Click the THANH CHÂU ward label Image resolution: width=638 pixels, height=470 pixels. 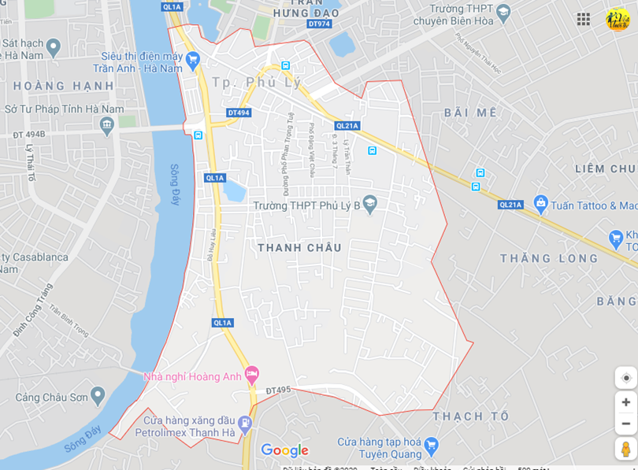299,247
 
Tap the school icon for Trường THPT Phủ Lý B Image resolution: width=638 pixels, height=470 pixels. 370,205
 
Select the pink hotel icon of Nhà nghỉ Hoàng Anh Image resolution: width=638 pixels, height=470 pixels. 252,373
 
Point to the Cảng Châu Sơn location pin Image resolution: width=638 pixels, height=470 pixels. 98,396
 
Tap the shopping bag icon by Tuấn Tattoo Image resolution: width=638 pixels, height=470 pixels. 540,205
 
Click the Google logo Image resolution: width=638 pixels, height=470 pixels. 284,450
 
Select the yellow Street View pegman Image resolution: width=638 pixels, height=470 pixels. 625,449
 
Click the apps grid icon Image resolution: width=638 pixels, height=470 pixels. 583,19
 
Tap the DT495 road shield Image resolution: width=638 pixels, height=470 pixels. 278,390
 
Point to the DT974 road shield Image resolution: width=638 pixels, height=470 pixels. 319,24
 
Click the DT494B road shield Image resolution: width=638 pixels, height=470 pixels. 29,135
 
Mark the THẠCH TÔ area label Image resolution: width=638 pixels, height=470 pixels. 470,416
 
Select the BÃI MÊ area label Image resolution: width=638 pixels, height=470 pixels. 470,113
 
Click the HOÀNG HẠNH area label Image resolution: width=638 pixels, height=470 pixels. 63,86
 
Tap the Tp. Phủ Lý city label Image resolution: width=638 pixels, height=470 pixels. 257,83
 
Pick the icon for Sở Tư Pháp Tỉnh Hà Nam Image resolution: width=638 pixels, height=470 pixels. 107,124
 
